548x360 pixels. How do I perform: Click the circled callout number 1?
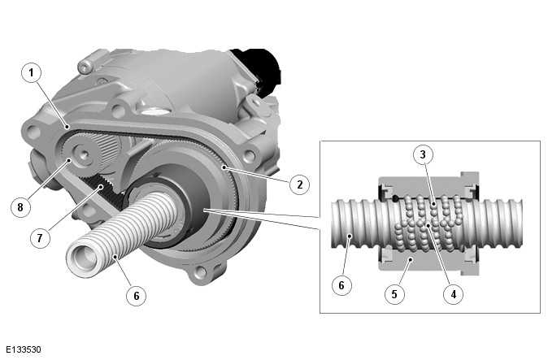31,74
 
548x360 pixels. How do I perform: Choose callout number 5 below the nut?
394,294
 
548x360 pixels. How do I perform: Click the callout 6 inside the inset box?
341,286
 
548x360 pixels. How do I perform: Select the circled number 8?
24,206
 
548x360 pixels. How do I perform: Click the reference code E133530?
22,350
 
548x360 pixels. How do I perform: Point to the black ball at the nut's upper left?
394,197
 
